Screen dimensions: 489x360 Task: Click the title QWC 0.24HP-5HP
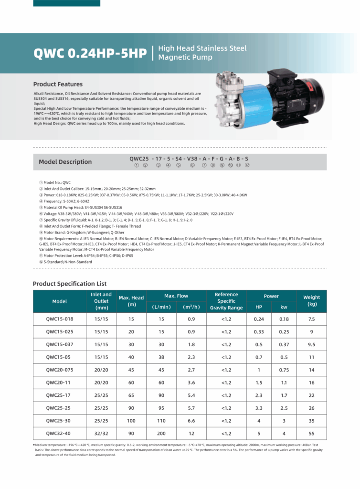[90, 53]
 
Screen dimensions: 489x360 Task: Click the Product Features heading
[58, 84]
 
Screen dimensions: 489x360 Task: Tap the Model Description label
[65, 161]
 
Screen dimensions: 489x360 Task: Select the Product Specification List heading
[70, 284]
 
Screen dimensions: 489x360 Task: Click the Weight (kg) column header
[312, 301]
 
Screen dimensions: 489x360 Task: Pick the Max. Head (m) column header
[131, 301]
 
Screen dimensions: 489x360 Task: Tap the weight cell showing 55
[312, 434]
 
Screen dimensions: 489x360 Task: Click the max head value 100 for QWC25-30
[131, 421]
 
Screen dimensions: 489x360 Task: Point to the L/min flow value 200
[161, 434]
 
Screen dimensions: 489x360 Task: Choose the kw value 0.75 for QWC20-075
[284, 370]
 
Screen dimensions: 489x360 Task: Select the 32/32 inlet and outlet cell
[101, 434]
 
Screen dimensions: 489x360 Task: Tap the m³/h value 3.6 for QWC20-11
[191, 383]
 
